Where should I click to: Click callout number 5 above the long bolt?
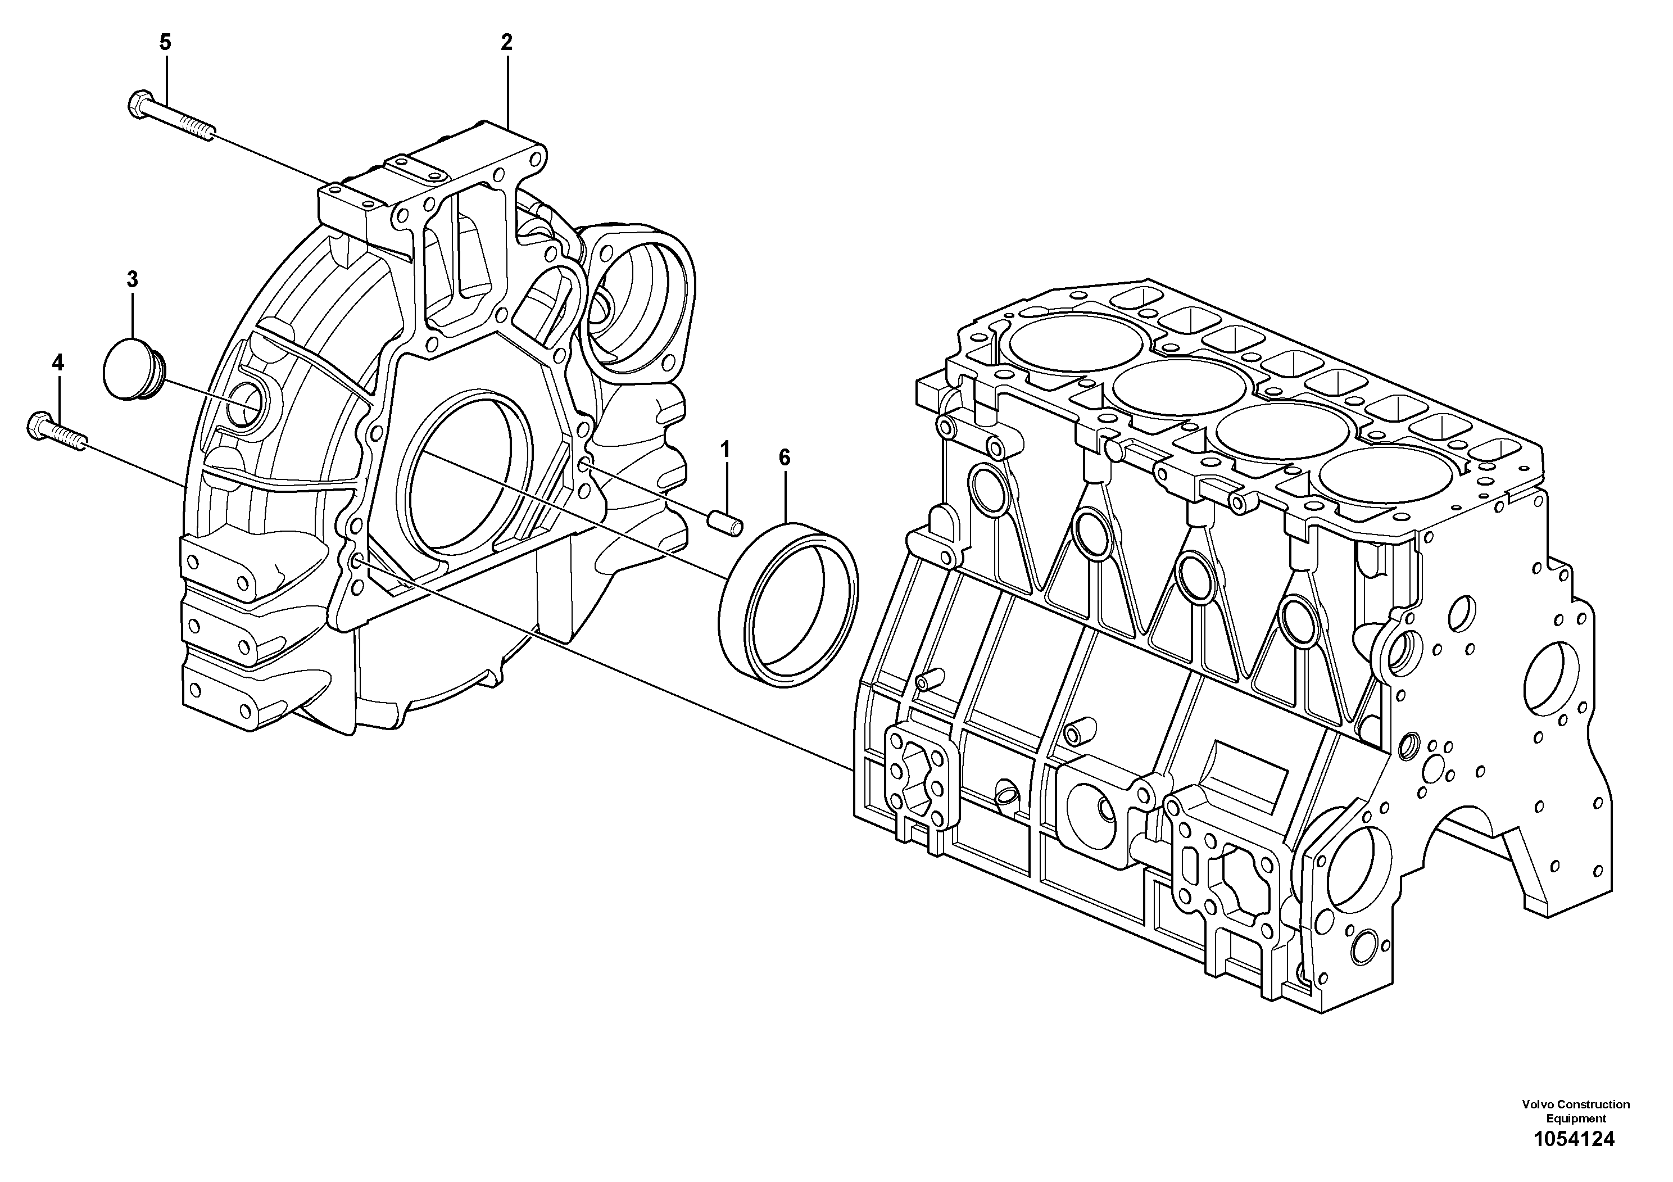(165, 42)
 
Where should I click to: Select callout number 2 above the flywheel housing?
(506, 42)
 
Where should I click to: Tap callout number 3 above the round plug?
(132, 279)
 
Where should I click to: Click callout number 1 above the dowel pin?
(725, 450)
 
